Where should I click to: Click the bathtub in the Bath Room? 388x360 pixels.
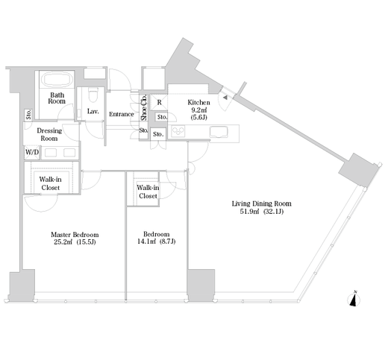click(57, 79)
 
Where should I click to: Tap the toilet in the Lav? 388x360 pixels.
click(93, 95)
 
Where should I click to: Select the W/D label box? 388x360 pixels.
click(32, 152)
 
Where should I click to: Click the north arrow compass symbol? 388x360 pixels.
click(354, 300)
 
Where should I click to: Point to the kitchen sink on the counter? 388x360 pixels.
click(219, 132)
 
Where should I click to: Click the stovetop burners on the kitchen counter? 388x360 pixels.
click(178, 131)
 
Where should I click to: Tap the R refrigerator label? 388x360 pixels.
click(159, 102)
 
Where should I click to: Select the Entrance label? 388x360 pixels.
click(122, 114)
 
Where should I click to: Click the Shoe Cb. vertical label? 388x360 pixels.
click(144, 107)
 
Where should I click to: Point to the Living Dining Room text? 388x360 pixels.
click(261, 203)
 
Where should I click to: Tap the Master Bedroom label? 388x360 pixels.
click(75, 234)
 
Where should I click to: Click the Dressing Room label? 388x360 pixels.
click(49, 134)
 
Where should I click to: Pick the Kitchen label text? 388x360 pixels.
click(198, 102)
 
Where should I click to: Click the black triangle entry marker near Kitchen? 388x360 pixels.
click(225, 98)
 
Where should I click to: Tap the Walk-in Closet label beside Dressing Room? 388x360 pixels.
click(51, 183)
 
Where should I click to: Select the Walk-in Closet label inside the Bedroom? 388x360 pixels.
click(148, 192)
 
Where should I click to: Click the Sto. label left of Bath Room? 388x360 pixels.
click(28, 114)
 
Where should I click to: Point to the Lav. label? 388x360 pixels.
click(93, 111)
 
